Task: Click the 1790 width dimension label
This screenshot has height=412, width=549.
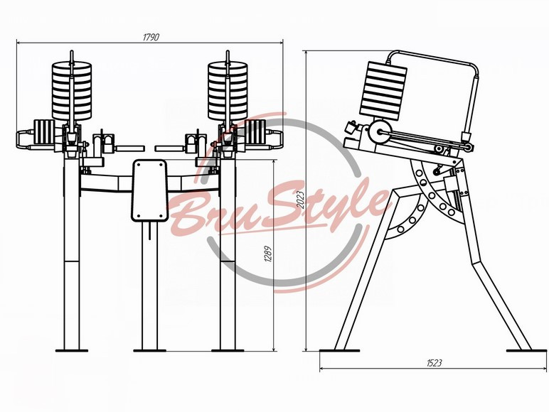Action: click(151, 38)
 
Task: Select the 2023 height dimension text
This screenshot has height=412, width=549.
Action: click(300, 200)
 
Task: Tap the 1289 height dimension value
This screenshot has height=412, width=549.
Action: click(268, 254)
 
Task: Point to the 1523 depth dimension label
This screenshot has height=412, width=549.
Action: click(435, 363)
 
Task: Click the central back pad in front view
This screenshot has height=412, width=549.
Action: click(149, 190)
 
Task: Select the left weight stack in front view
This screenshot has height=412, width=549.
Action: click(72, 90)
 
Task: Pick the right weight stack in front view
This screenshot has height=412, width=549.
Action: click(228, 90)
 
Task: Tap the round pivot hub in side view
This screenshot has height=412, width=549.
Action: click(380, 132)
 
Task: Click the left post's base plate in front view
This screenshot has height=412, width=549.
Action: click(72, 350)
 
